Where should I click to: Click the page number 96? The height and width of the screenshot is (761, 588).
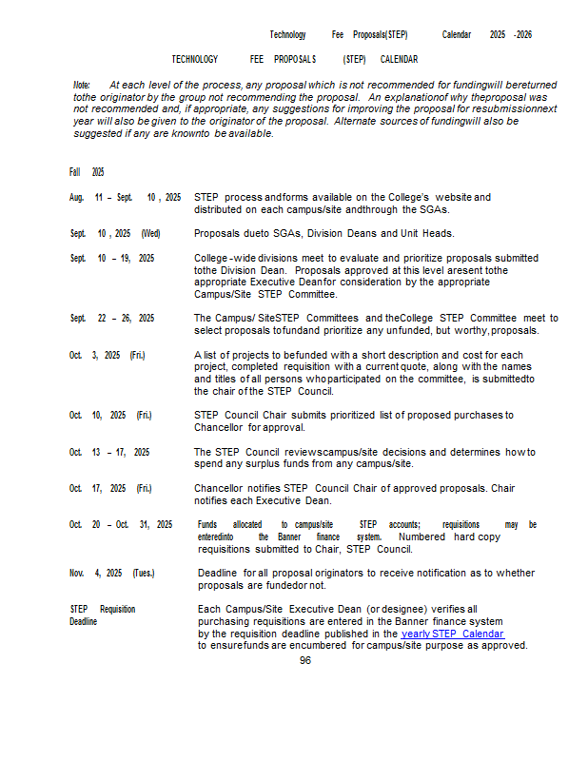coord(304,660)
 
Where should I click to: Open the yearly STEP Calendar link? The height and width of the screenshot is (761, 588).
coord(452,634)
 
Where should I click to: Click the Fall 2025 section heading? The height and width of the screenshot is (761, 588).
coord(87,172)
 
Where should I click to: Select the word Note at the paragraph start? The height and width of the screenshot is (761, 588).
coord(82,85)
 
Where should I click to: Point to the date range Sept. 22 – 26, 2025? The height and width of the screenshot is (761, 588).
coord(112,319)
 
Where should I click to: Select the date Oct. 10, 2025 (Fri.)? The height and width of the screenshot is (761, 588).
coord(110,416)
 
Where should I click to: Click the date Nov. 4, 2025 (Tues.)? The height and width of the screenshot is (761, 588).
coord(112,574)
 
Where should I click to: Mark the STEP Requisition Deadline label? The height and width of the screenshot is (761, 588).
coord(103,615)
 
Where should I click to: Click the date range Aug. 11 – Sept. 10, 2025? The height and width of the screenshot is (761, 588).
coord(125,198)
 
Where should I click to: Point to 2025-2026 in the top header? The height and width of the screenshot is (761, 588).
coord(511,35)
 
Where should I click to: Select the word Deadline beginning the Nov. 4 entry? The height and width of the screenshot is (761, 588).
coord(218,574)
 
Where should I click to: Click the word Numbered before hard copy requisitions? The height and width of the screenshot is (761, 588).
coord(423,537)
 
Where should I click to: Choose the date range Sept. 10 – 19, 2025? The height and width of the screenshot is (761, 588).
coord(112,258)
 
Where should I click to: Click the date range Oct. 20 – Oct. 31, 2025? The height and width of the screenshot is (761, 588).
coord(121,525)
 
